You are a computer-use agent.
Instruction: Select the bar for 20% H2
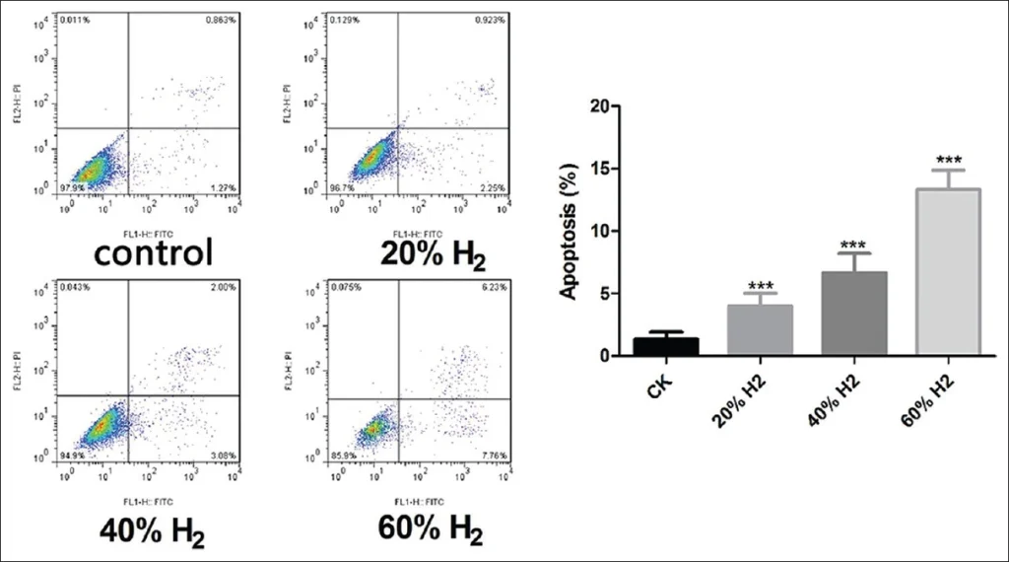(760, 329)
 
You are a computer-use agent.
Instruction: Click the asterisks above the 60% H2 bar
(949, 160)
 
